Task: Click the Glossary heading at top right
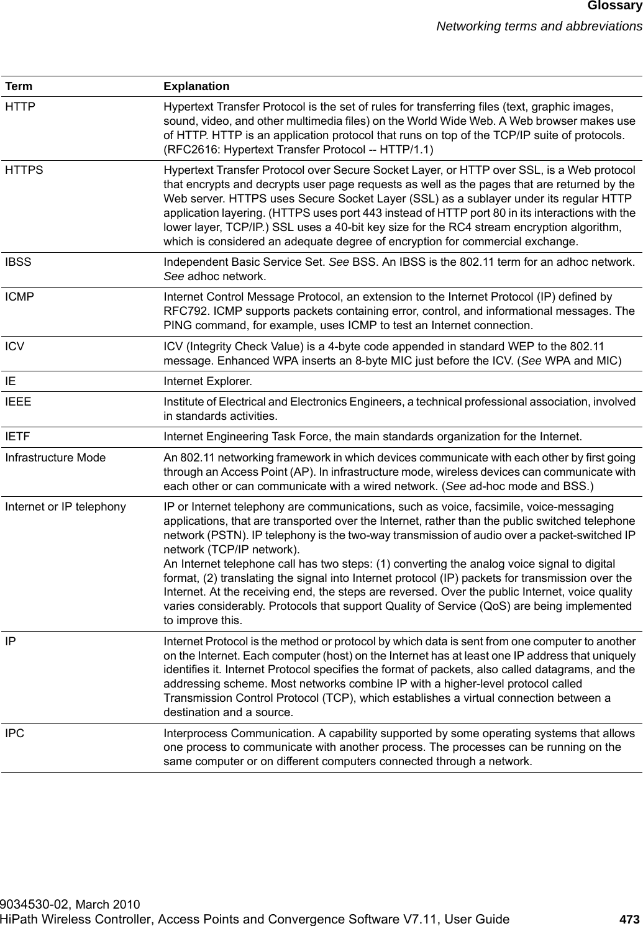[613, 7]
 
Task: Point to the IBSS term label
[19, 263]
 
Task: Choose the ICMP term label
[20, 298]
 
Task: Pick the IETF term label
[18, 437]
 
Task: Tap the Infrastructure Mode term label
[55, 458]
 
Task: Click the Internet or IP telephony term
[65, 489]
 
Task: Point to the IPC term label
[15, 733]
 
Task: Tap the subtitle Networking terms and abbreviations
[539, 26]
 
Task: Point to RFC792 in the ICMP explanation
[185, 312]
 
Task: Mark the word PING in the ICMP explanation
[178, 325]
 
